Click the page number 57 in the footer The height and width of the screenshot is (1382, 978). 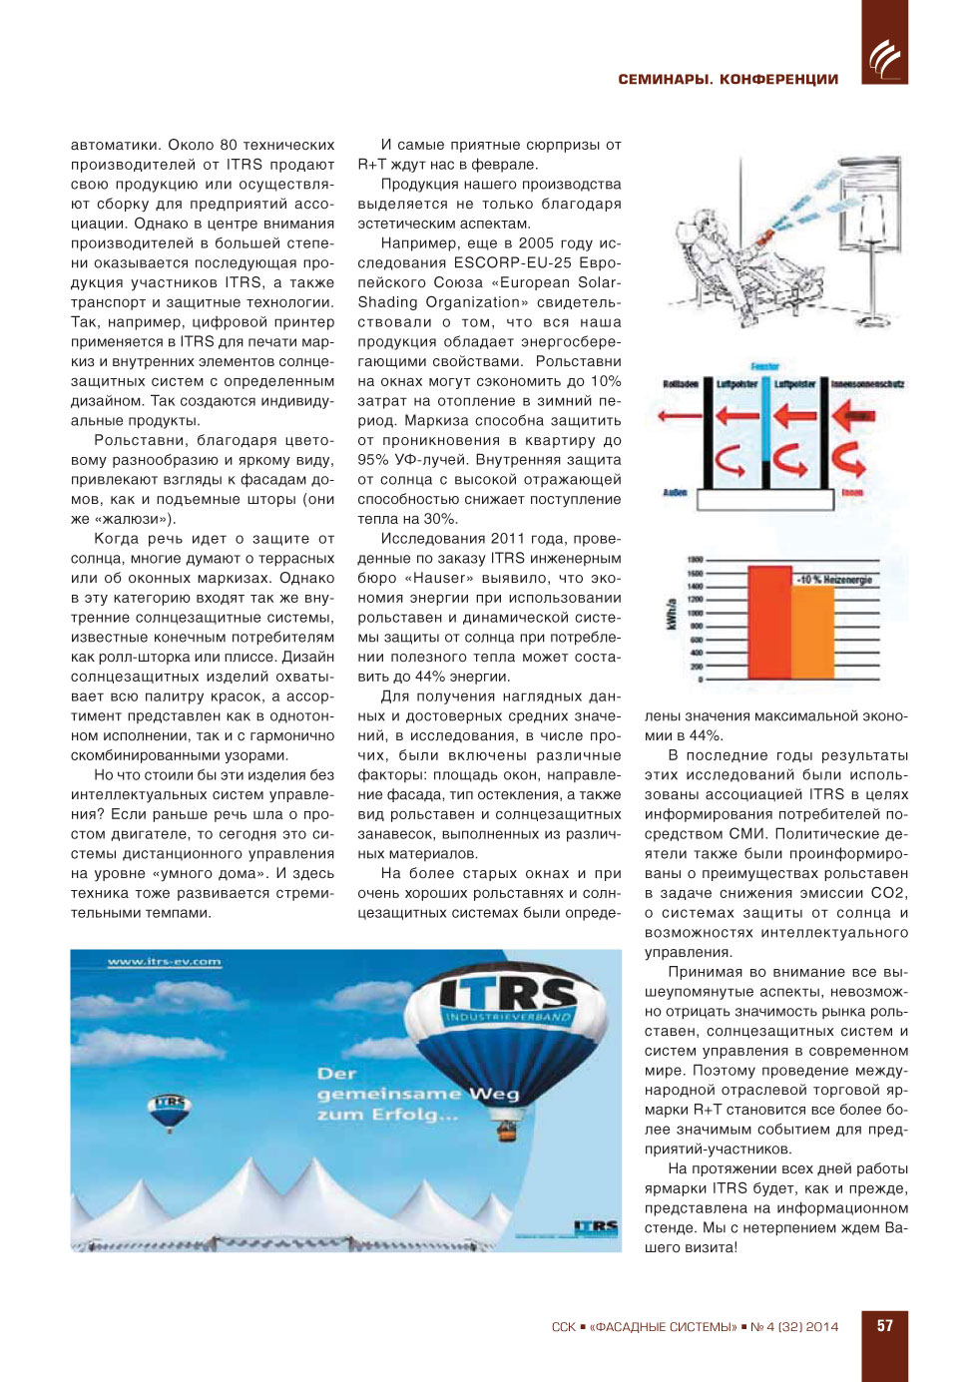click(884, 1326)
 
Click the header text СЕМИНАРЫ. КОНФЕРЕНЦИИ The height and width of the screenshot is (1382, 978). click(728, 80)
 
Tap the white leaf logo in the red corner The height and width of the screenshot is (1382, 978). click(884, 58)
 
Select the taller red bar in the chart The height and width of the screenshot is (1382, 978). click(769, 623)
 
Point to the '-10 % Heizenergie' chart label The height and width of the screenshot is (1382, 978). click(834, 580)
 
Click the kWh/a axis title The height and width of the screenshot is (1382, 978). click(671, 614)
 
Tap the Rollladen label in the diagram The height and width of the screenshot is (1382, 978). click(681, 384)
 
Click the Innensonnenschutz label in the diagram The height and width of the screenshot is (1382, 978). click(867, 384)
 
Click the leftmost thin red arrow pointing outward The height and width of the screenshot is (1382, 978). click(736, 415)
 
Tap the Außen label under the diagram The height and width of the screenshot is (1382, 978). click(675, 493)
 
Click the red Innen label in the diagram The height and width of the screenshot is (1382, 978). click(852, 493)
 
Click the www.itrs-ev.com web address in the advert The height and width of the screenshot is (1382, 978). click(164, 962)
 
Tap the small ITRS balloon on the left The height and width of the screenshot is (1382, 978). click(169, 1110)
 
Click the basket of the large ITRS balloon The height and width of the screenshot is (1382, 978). click(507, 1131)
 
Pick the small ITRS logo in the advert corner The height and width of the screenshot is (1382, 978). click(596, 1226)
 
